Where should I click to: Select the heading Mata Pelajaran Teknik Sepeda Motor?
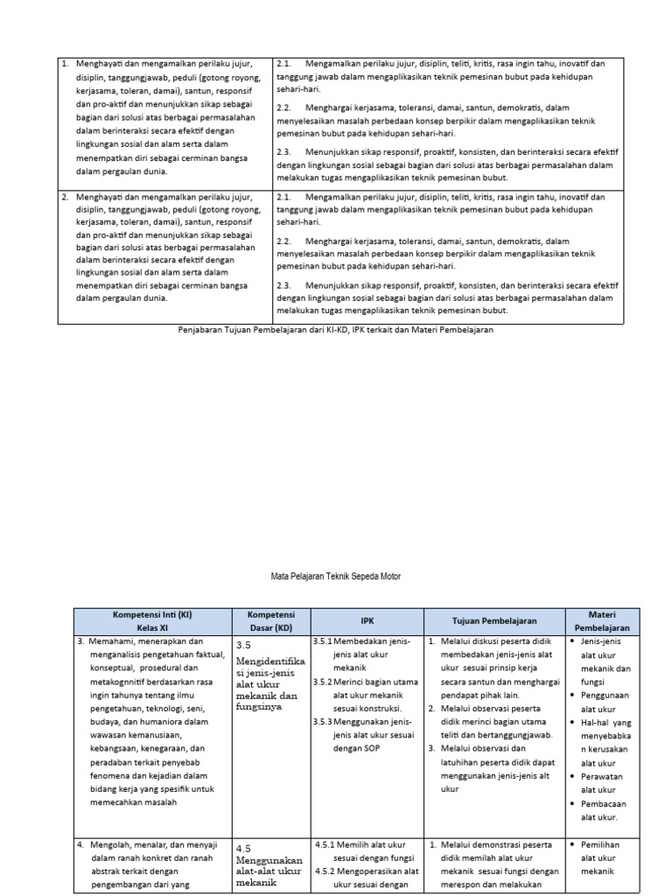pos(336,577)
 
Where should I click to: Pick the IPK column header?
pos(367,620)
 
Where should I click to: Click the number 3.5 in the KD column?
pos(244,644)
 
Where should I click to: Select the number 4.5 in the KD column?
pos(244,848)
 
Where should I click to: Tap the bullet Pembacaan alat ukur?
pos(603,810)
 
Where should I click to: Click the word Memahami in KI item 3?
pos(109,641)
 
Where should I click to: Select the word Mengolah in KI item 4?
pos(107,845)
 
